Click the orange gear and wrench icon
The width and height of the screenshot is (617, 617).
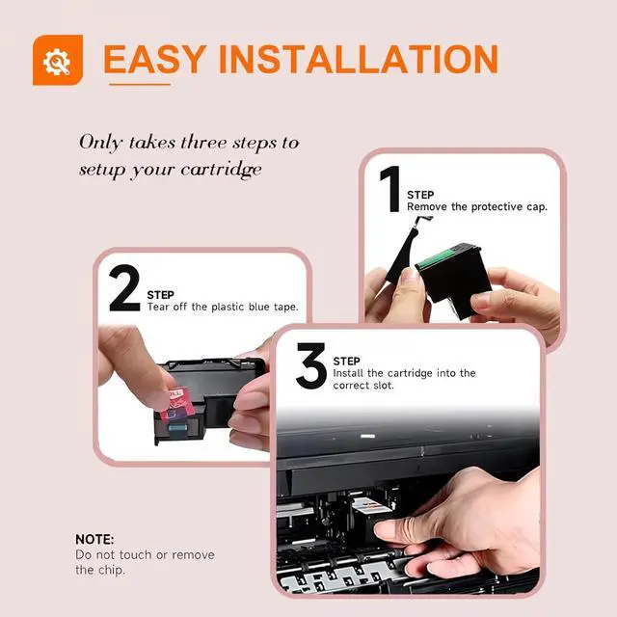pyautogui.click(x=58, y=60)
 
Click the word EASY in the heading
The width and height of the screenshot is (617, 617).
pyautogui.click(x=155, y=59)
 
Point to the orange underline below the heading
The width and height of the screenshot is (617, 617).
pyautogui.click(x=140, y=84)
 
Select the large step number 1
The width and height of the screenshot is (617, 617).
pyautogui.click(x=390, y=189)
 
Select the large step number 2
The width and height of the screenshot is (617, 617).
pyautogui.click(x=124, y=288)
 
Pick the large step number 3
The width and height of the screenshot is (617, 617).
pyautogui.click(x=310, y=366)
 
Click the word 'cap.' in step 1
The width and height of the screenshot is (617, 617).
pyautogui.click(x=537, y=207)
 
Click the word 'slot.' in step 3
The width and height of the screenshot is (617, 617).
pyautogui.click(x=384, y=386)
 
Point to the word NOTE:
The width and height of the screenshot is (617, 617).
pyautogui.click(x=94, y=539)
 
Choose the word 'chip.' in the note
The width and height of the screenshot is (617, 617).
pyautogui.click(x=112, y=570)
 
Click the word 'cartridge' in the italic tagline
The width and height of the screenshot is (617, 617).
pyautogui.click(x=221, y=170)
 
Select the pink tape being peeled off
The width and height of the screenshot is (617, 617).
pyautogui.click(x=177, y=403)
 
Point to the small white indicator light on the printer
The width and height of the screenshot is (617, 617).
pyautogui.click(x=367, y=436)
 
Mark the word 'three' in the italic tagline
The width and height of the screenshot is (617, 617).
pyautogui.click(x=203, y=142)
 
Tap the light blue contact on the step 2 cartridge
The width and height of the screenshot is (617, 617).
pyautogui.click(x=177, y=428)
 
